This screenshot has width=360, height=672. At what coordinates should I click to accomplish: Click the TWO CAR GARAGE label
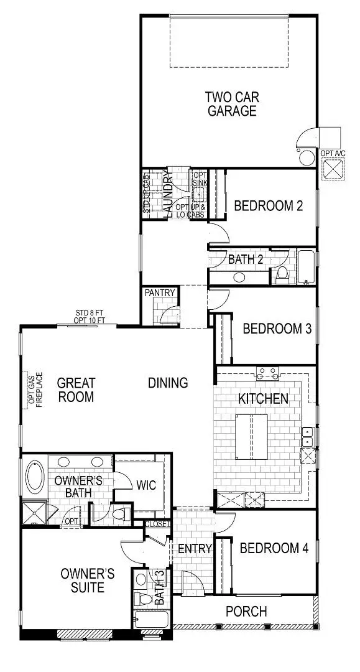(x=232, y=104)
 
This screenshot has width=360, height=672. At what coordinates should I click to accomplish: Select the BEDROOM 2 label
(x=268, y=206)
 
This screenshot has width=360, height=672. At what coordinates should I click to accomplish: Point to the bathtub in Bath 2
(x=307, y=268)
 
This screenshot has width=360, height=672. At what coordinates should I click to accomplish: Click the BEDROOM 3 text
(x=277, y=329)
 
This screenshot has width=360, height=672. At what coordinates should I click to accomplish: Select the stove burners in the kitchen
(x=268, y=373)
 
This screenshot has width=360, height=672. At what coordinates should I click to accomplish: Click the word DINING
(x=168, y=383)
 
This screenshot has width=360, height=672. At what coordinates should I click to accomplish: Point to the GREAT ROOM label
(x=76, y=389)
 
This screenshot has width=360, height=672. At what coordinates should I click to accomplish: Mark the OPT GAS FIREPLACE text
(x=35, y=390)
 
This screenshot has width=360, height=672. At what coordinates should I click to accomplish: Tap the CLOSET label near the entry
(x=157, y=524)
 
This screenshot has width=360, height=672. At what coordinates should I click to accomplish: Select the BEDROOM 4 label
(x=274, y=548)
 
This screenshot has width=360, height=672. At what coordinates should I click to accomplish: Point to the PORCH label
(x=246, y=612)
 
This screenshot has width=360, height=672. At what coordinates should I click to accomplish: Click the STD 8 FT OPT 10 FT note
(x=90, y=316)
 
